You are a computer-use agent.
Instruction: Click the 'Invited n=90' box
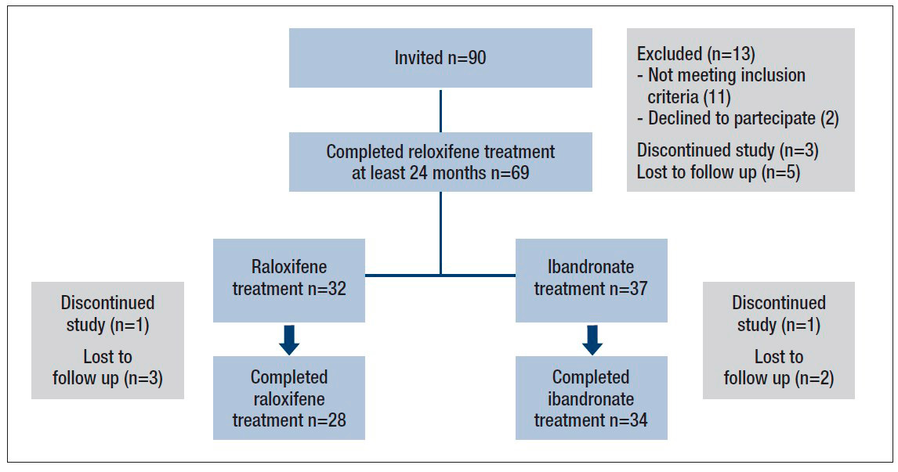click(x=440, y=58)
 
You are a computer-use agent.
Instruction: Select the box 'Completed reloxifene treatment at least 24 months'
click(x=440, y=162)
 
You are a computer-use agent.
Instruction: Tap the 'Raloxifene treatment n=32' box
click(x=288, y=279)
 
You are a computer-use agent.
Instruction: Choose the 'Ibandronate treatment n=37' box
click(x=591, y=279)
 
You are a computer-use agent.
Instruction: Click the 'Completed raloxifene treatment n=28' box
click(x=288, y=398)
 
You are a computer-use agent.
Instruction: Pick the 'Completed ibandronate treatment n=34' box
click(x=591, y=398)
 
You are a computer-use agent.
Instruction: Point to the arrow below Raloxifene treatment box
click(x=288, y=339)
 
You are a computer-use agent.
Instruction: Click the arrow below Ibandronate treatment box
click(x=592, y=339)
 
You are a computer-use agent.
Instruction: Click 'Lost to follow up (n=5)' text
click(x=718, y=172)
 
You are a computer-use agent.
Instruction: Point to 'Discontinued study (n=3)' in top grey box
click(x=728, y=150)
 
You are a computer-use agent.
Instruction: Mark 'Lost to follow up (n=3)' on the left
click(x=107, y=368)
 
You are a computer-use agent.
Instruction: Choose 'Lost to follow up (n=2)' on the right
click(x=778, y=368)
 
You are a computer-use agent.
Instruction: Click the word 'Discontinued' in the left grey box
click(x=107, y=303)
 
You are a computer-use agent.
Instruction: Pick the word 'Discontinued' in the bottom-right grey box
click(x=778, y=303)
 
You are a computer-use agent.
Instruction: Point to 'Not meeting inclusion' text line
click(x=726, y=76)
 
